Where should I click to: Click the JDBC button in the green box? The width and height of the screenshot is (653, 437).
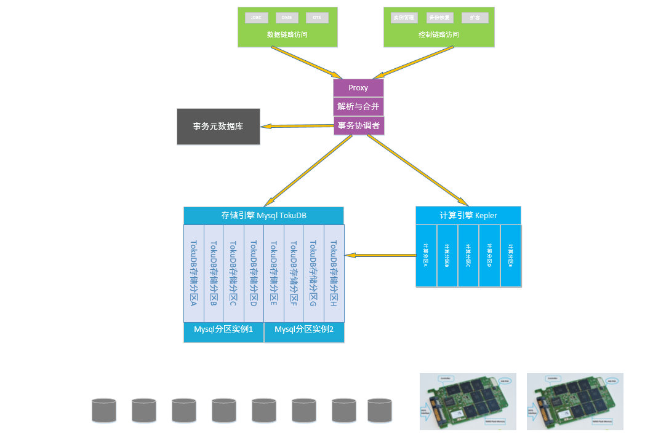[257, 18]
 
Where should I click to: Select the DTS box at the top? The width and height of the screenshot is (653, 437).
[317, 18]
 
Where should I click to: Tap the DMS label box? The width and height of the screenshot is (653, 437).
[287, 18]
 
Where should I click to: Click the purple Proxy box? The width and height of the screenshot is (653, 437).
[358, 88]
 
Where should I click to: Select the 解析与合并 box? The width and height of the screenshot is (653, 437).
[358, 106]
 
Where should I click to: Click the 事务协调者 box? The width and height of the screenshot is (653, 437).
[359, 125]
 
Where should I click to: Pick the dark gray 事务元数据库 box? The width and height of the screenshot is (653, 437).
[218, 127]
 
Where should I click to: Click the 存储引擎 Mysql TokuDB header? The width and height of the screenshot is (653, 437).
[263, 216]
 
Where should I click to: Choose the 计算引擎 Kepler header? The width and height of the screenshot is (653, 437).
[468, 216]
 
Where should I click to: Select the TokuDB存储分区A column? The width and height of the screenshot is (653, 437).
[193, 273]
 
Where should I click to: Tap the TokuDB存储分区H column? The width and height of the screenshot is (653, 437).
[334, 273]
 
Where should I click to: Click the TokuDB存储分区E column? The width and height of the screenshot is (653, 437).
[274, 273]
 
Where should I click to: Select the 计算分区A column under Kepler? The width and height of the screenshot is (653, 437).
[426, 255]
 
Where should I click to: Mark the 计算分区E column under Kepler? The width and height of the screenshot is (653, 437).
[510, 255]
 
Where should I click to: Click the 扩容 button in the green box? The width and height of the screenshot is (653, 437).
[475, 18]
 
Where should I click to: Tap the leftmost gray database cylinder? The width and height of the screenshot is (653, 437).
[104, 411]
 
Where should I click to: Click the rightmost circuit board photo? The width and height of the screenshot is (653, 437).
[575, 401]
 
